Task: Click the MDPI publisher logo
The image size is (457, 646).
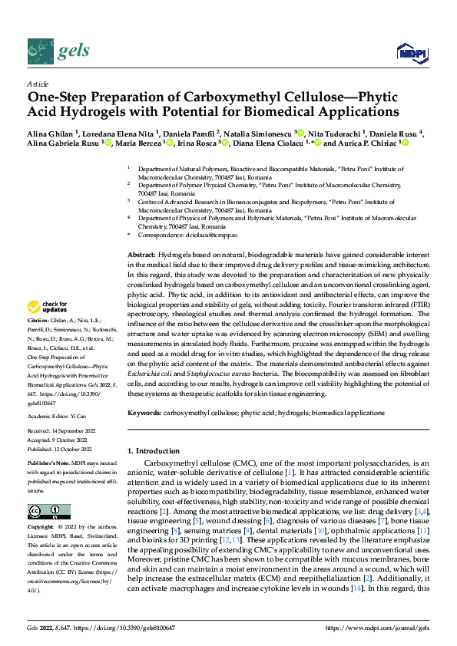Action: (411, 52)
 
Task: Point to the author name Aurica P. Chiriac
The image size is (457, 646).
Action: (356, 143)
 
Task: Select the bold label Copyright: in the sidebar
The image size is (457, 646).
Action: (41, 529)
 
